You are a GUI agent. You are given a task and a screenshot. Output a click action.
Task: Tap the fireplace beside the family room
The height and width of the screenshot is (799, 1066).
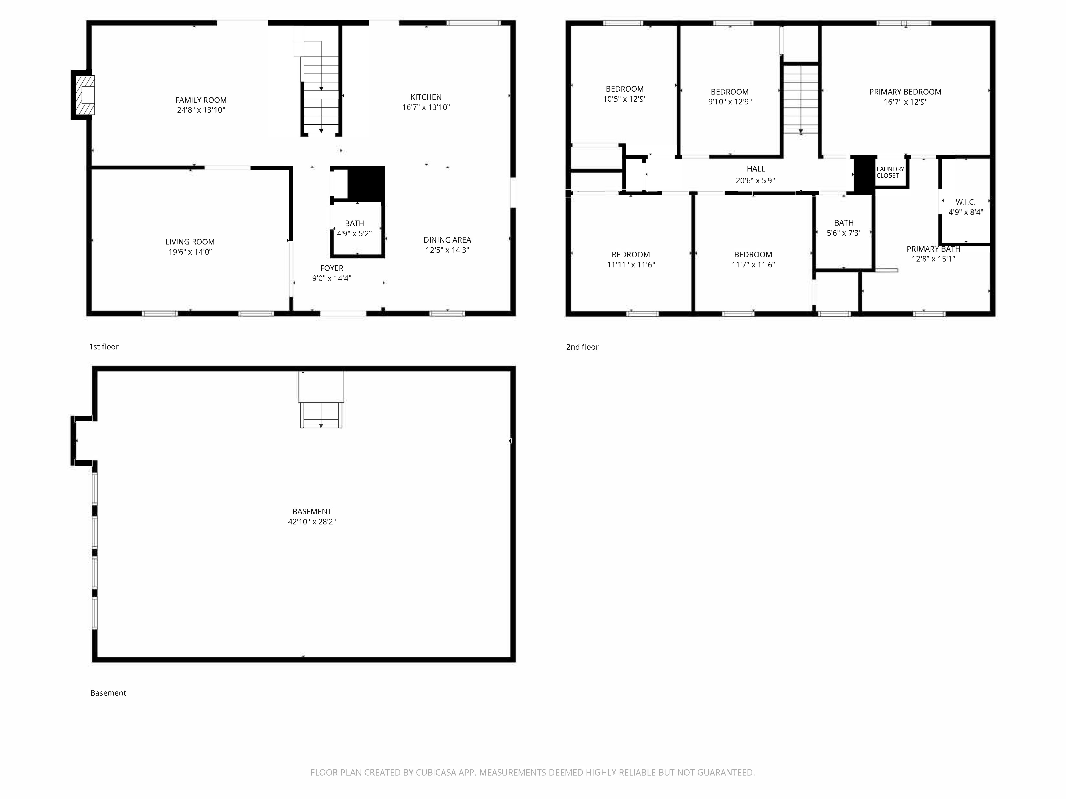83,95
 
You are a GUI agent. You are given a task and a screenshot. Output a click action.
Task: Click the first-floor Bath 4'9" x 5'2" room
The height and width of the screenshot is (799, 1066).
357,229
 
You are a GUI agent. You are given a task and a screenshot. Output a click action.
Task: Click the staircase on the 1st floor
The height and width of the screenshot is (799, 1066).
321,80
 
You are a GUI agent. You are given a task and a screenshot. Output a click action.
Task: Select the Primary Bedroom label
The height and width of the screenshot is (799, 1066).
905,92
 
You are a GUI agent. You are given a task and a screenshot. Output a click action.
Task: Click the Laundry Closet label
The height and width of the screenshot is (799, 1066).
890,172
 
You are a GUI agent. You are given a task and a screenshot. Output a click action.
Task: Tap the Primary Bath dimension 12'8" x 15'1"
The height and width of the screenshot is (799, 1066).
933,259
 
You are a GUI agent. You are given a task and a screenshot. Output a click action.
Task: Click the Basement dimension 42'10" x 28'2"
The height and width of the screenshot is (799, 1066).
312,521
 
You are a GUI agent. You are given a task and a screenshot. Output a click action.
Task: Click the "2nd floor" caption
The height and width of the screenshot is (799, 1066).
582,347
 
